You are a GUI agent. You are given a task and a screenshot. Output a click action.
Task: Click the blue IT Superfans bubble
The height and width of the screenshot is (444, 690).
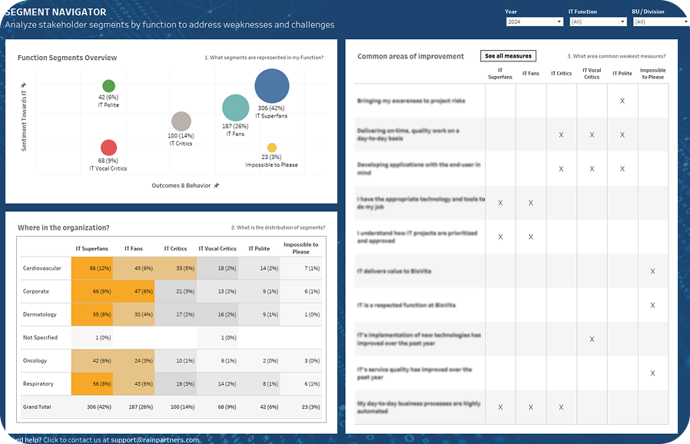[x=271, y=85]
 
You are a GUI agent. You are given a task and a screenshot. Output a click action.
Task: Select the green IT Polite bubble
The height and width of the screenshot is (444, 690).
[x=109, y=86]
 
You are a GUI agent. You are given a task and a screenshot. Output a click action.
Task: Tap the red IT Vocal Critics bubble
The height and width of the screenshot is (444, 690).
[x=109, y=147]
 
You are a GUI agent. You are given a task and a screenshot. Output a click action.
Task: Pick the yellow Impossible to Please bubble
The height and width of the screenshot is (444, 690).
[x=271, y=147]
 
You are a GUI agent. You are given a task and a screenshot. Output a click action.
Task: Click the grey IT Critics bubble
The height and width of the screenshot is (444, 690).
[x=181, y=121]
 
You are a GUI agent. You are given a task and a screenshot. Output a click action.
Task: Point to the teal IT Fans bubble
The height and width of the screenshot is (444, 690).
[x=235, y=109]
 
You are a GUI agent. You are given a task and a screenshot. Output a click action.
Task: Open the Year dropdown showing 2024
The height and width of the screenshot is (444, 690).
[x=534, y=22]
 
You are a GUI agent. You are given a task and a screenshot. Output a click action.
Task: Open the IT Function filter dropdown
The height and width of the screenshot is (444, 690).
[x=597, y=22]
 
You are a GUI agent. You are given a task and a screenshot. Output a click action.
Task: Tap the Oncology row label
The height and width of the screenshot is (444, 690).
[x=36, y=360]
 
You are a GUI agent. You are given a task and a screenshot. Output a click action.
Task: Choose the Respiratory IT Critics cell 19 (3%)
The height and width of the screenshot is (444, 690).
[x=175, y=383]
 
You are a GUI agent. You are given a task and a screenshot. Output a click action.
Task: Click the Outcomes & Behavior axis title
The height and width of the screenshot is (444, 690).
[x=181, y=185]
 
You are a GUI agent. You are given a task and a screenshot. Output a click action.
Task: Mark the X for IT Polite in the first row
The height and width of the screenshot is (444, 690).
[x=622, y=101]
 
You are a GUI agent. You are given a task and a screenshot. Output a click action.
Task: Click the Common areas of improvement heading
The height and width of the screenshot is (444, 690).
[x=410, y=56]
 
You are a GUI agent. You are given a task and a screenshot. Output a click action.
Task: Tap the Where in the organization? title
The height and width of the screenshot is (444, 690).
[x=63, y=227]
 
